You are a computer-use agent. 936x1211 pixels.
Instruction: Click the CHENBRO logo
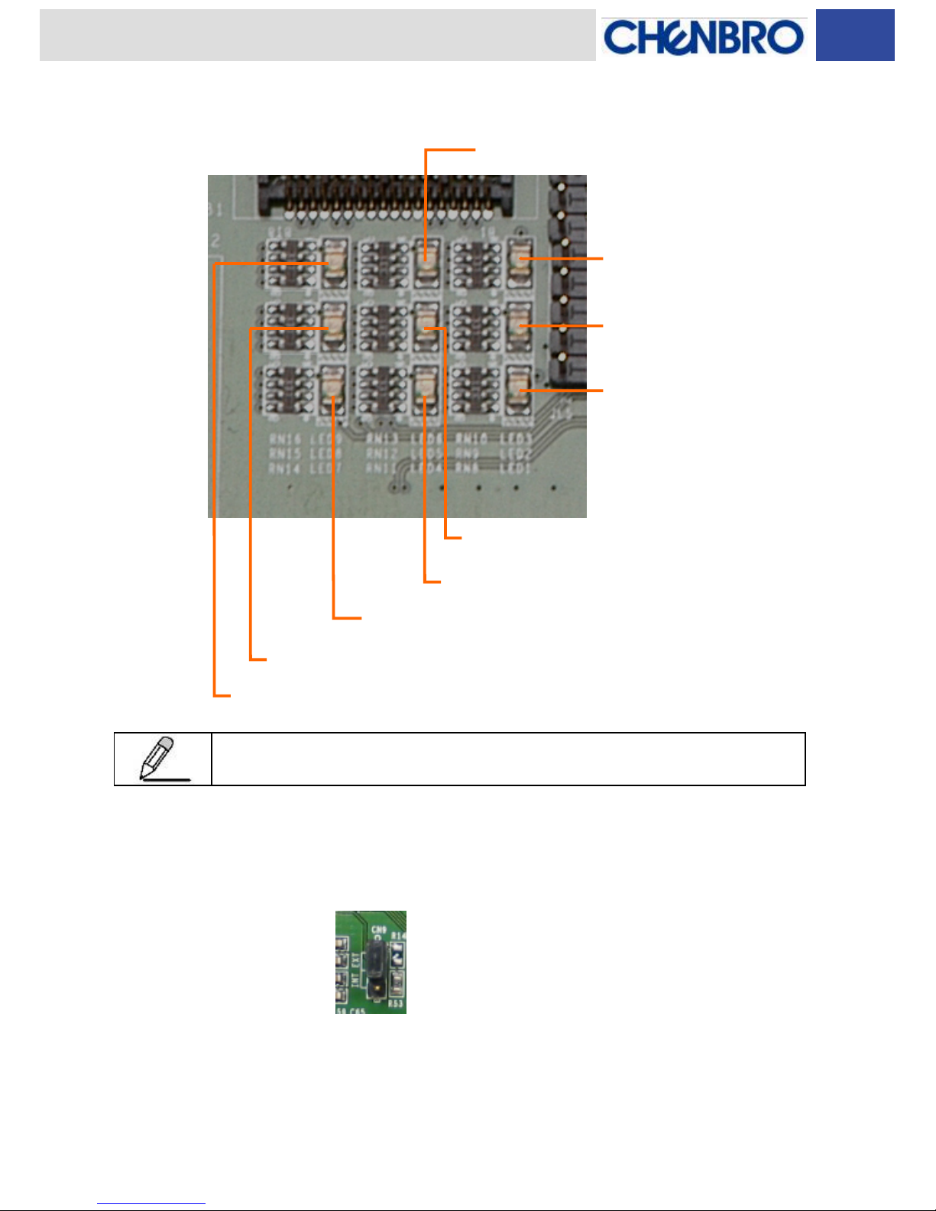tap(703, 37)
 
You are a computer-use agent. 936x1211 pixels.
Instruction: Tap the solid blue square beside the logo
tap(855, 35)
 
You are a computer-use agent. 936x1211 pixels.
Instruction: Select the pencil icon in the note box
tap(162, 759)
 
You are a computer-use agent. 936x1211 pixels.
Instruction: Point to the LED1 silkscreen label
tap(516, 468)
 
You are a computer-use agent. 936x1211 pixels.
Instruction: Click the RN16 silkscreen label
tap(285, 439)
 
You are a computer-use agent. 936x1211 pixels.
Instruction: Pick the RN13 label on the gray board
tap(382, 439)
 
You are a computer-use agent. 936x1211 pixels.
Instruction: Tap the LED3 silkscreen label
tap(516, 439)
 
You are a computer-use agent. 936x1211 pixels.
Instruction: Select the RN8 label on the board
tap(467, 468)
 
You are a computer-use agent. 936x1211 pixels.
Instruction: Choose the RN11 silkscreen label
tap(381, 468)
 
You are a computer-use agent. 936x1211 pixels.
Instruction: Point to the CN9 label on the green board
tap(378, 931)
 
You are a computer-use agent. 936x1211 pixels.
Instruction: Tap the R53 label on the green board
tap(396, 1003)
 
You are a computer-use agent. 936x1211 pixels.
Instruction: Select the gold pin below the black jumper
tap(377, 994)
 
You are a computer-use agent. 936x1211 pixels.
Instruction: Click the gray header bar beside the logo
tap(317, 35)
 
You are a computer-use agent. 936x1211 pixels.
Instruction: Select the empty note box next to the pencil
tap(508, 759)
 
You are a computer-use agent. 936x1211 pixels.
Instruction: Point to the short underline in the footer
tap(151, 1204)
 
